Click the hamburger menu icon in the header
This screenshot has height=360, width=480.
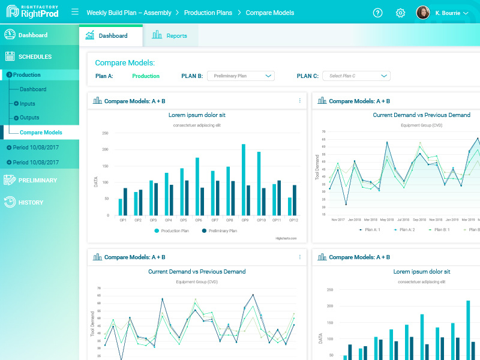tap(75, 12)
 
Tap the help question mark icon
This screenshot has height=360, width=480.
tap(377, 13)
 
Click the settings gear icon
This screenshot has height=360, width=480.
tap(400, 13)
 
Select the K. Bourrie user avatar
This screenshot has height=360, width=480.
tap(423, 13)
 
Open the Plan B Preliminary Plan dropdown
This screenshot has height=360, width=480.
tap(241, 76)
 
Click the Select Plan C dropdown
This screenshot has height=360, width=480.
tap(356, 76)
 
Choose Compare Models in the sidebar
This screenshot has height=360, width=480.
tap(41, 133)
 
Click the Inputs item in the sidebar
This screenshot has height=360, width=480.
tap(27, 104)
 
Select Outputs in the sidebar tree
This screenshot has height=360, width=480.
tap(29, 118)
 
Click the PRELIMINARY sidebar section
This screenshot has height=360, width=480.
tap(37, 180)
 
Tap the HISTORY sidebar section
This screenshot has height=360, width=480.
tap(31, 203)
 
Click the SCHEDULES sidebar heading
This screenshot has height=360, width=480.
tap(35, 57)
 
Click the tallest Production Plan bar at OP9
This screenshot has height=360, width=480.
tap(243, 179)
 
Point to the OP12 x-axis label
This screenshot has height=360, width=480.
tap(292, 220)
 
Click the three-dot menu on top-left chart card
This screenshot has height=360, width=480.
tap(299, 101)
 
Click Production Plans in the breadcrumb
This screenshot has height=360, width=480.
tap(209, 13)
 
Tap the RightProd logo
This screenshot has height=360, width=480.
tap(33, 12)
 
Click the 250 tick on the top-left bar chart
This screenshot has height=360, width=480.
tap(105, 133)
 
